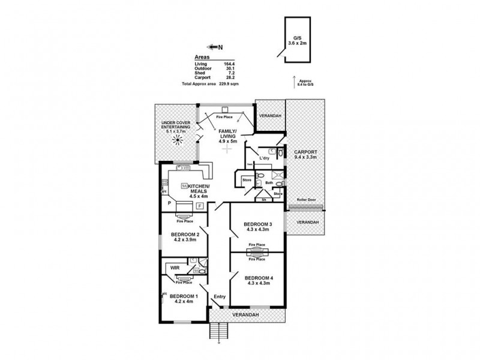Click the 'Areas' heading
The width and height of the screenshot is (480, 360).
point(203,58)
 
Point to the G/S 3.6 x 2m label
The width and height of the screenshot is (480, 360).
point(296,41)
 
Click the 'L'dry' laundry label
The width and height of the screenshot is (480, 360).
point(263,158)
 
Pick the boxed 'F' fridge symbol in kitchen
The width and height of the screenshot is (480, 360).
point(200,206)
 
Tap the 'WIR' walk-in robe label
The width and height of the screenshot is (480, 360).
point(175,268)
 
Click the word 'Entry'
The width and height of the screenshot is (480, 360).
point(220,297)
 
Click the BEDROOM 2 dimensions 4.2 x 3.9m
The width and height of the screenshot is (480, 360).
point(185,241)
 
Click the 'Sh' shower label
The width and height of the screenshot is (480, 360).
point(264,200)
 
